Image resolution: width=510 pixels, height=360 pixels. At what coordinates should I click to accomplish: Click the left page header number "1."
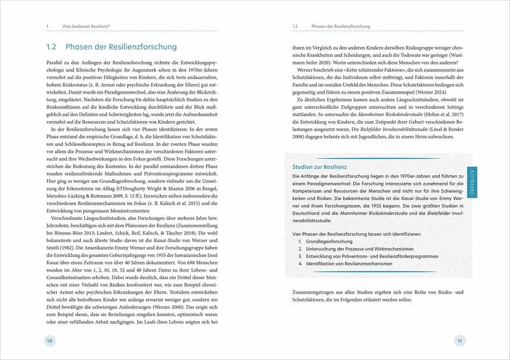[x=48, y=27]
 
